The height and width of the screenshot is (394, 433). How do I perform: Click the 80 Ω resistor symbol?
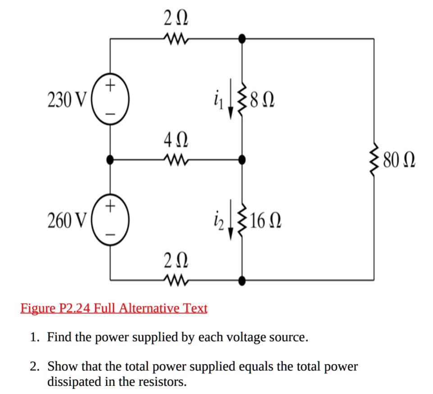click(374, 159)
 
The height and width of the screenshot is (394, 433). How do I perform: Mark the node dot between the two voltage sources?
click(110, 159)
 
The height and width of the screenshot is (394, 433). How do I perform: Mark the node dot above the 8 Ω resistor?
click(242, 39)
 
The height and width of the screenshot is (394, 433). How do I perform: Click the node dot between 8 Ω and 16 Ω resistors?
click(242, 159)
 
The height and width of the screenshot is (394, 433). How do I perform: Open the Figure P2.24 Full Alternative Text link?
click(114, 308)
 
